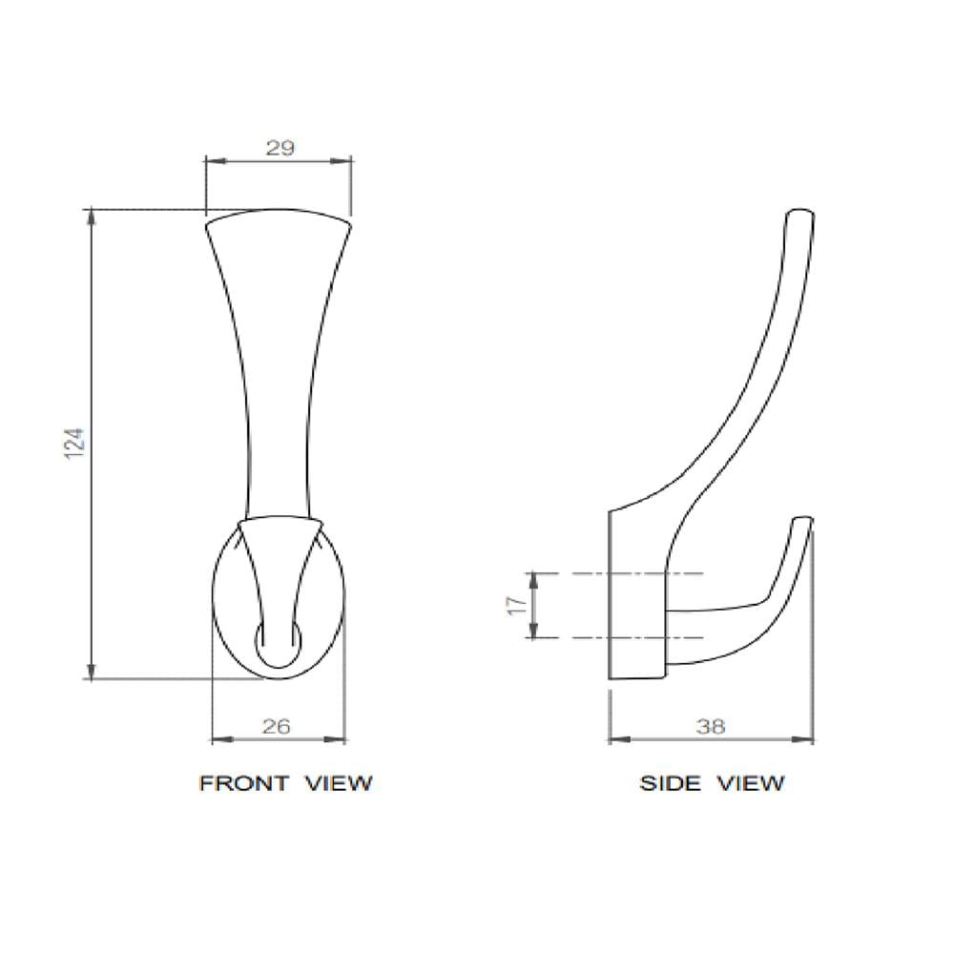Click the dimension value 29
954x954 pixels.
click(x=280, y=148)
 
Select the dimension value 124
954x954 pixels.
click(x=74, y=443)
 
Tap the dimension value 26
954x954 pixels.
click(x=277, y=726)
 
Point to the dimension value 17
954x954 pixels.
click(x=516, y=606)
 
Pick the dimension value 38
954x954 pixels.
click(x=711, y=726)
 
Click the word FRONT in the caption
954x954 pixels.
click(x=243, y=782)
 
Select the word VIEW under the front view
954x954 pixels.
click(x=339, y=782)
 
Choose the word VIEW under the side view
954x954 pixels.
click(x=751, y=782)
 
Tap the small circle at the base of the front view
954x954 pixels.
click(x=278, y=644)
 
